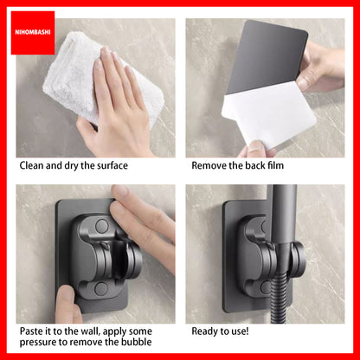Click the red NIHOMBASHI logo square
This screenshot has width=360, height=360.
(33, 33)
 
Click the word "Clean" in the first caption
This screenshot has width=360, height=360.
(31, 165)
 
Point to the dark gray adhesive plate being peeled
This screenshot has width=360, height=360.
(267, 55)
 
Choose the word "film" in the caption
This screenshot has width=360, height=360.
(275, 165)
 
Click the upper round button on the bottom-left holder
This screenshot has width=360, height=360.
(101, 226)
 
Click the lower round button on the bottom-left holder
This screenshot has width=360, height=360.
(100, 289)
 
